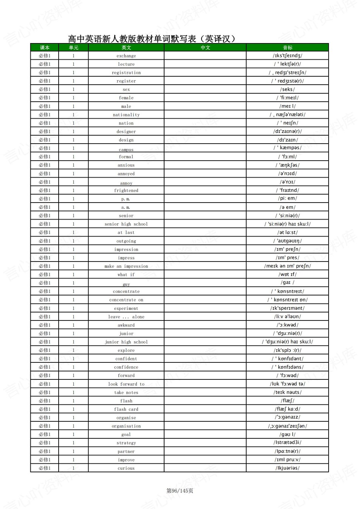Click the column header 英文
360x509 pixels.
click(126, 48)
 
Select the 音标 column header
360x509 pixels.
click(287, 48)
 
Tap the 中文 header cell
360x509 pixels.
click(205, 48)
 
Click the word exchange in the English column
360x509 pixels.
click(126, 56)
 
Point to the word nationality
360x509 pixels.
click(126, 115)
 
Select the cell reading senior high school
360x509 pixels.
click(126, 224)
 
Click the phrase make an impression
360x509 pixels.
click(126, 266)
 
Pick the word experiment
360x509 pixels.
click(126, 308)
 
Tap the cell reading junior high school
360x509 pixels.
click(126, 342)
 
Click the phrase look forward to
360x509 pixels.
click(126, 384)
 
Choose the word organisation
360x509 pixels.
click(126, 426)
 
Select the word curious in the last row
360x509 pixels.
click(126, 468)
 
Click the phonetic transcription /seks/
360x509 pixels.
click(287, 90)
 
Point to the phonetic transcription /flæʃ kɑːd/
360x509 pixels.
click(287, 409)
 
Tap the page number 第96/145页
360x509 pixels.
click(180, 491)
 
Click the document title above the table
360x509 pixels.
click(152, 39)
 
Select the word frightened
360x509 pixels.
click(126, 190)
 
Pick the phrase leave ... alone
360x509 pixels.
click(126, 317)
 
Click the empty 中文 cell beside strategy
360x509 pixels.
click(205, 443)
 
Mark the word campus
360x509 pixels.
click(126, 150)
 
